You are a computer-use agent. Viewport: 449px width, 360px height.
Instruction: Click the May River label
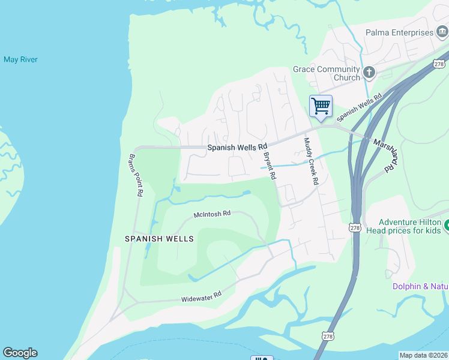click(20, 59)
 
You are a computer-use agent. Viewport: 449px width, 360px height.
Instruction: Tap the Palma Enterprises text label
click(399, 32)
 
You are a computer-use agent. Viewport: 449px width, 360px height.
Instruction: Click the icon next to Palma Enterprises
click(442, 32)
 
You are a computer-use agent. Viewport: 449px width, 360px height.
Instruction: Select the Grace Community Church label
click(326, 73)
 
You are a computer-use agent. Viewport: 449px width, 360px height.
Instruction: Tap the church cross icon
click(369, 73)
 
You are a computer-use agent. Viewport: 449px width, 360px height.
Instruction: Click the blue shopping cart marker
click(321, 106)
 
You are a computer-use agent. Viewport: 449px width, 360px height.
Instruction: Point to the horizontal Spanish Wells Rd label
click(237, 147)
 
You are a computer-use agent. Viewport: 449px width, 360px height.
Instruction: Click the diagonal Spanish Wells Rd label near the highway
click(360, 106)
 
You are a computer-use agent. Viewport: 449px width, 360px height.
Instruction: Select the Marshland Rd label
click(384, 152)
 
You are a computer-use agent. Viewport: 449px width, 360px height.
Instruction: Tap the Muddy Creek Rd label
click(310, 161)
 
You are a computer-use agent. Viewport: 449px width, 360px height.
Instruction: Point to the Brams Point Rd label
click(135, 175)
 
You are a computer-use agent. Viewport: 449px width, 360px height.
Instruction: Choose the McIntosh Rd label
click(212, 214)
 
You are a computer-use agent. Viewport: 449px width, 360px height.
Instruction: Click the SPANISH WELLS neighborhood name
click(159, 239)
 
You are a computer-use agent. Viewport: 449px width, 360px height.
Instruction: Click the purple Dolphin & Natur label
click(420, 286)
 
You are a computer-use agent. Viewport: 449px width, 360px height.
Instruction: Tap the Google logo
click(20, 353)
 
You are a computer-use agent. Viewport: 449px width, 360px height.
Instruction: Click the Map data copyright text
click(423, 355)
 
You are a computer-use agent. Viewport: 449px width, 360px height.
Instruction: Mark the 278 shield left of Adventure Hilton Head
click(355, 227)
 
